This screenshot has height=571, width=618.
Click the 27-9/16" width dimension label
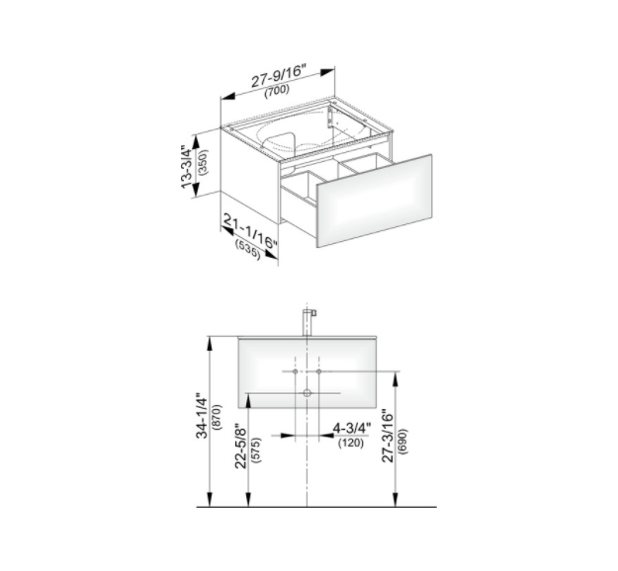(x=278, y=76)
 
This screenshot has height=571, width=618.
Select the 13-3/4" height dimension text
(x=187, y=167)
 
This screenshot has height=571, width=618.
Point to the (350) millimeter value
(x=203, y=162)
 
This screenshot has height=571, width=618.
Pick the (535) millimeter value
(x=248, y=250)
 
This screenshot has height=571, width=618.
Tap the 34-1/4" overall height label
(x=202, y=415)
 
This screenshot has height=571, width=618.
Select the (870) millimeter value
(x=218, y=416)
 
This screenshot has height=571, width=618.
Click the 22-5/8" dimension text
(x=240, y=446)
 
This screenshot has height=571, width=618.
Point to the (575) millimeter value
(x=255, y=450)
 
